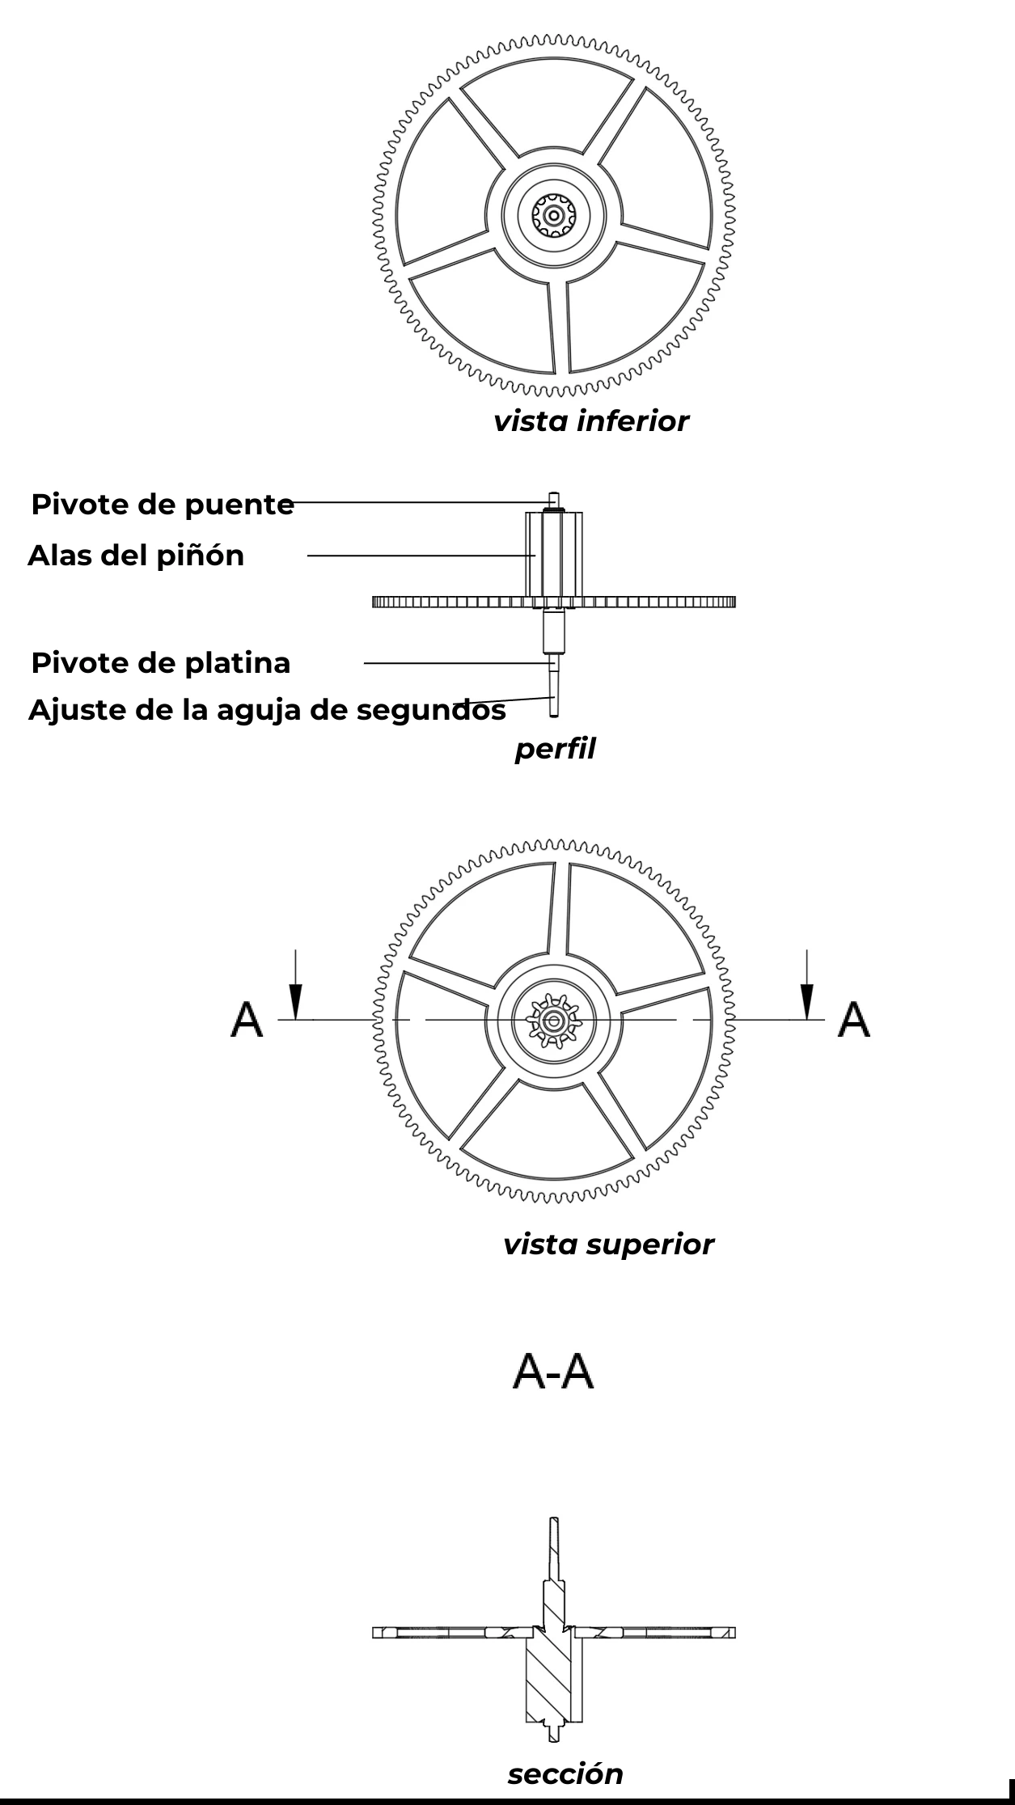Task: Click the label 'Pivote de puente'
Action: (x=163, y=505)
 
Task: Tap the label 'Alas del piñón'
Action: (x=136, y=556)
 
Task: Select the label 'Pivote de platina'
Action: (x=161, y=663)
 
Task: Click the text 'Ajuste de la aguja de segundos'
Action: (x=267, y=710)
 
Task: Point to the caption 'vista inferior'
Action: (x=591, y=421)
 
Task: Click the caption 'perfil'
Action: (x=555, y=750)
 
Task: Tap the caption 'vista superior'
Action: (x=608, y=1244)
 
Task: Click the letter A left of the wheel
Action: (x=247, y=1019)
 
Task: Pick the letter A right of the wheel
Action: (x=854, y=1019)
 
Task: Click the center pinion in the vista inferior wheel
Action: (x=554, y=215)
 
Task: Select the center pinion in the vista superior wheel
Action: (x=554, y=1021)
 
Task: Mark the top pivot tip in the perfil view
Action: (x=554, y=494)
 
